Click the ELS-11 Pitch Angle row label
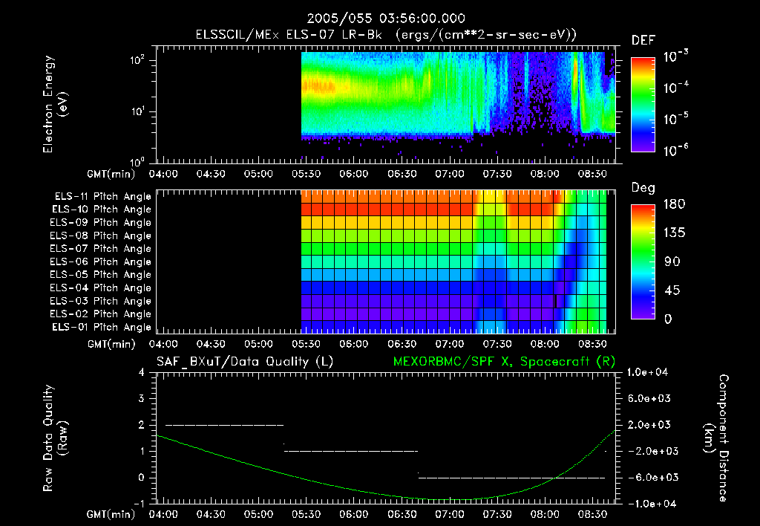(x=102, y=196)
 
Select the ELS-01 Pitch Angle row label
(x=102, y=327)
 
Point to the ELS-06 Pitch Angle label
(x=102, y=262)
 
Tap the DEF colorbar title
(x=643, y=40)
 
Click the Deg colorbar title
(x=643, y=188)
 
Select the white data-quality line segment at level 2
(x=224, y=425)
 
